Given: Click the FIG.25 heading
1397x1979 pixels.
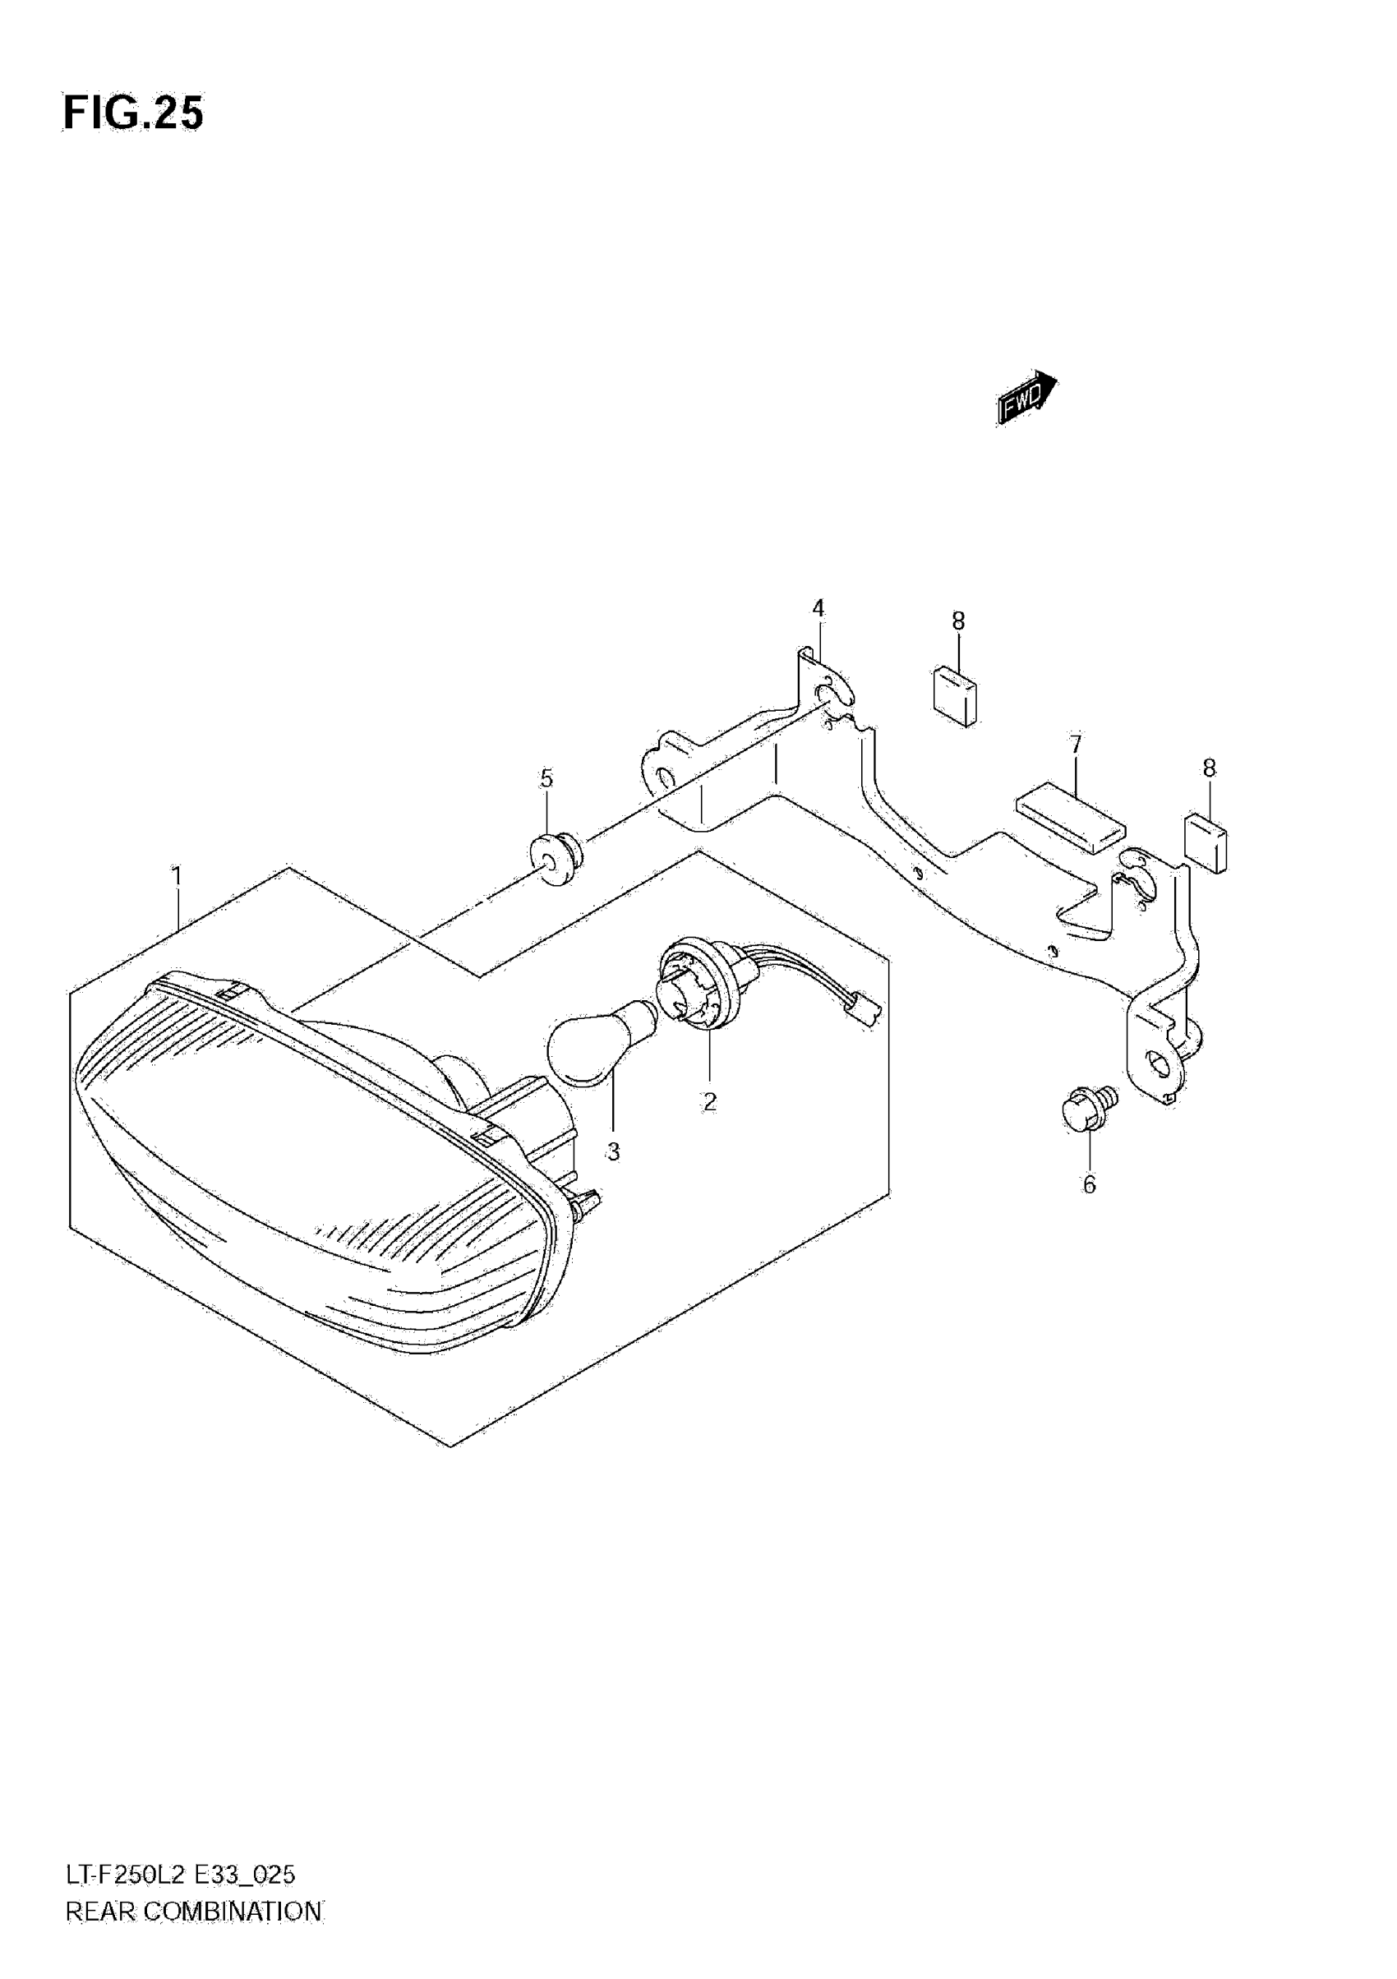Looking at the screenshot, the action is [134, 113].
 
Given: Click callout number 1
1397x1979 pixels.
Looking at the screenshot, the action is [177, 877].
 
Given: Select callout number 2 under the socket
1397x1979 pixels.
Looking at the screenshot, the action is [709, 1100].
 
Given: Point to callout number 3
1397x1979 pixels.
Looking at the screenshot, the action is [613, 1151].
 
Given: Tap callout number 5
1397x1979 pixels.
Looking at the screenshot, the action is [546, 778].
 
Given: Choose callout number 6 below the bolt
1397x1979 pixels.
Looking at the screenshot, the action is [1090, 1185].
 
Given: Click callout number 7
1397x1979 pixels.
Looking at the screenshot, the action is [1076, 744].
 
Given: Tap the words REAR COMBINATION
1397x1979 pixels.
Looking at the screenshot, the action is [193, 1912].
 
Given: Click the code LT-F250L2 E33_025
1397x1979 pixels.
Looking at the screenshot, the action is [180, 1875].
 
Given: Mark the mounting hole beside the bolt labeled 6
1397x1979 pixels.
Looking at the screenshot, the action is [1160, 1066].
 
